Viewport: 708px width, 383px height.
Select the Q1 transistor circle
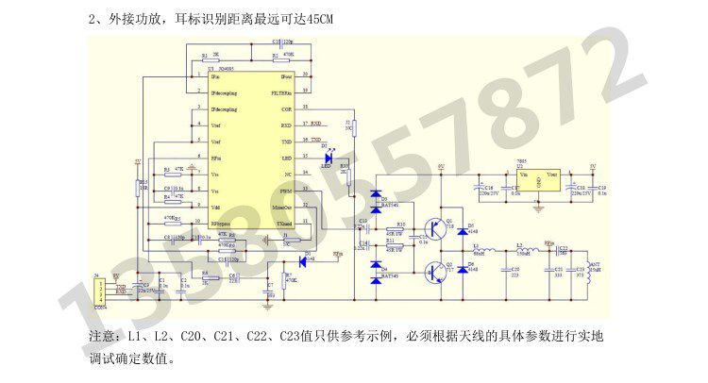tap(436, 227)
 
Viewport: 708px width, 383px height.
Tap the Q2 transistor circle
tap(436, 272)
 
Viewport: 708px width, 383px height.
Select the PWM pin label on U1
tap(285, 191)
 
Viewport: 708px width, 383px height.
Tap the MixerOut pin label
tap(281, 207)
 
